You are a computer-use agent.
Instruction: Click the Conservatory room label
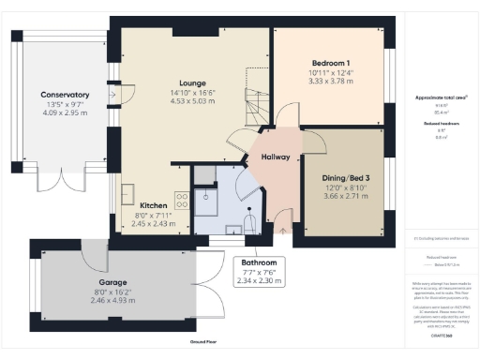pyautogui.click(x=65, y=95)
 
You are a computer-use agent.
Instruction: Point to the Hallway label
pyautogui.click(x=276, y=157)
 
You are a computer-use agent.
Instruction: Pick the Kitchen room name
pyautogui.click(x=154, y=204)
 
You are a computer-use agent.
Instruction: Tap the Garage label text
pyautogui.click(x=113, y=281)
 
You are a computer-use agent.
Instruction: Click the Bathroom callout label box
pyautogui.click(x=258, y=271)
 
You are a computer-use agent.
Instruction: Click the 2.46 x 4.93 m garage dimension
pyautogui.click(x=113, y=301)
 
